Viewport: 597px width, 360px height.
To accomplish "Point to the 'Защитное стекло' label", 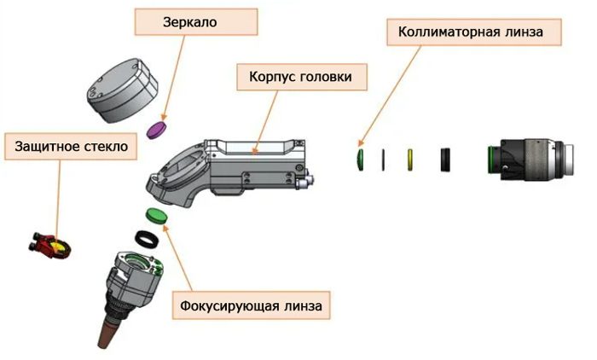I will coord(71,147).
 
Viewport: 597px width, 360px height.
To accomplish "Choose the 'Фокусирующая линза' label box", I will coord(251,305).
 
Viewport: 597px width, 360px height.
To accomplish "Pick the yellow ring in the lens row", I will coord(410,158).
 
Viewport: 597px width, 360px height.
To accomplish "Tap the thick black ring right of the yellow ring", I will coord(444,159).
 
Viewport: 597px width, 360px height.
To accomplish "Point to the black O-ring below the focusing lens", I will coord(148,236).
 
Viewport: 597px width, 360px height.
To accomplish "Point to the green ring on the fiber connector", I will coord(490,158).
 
